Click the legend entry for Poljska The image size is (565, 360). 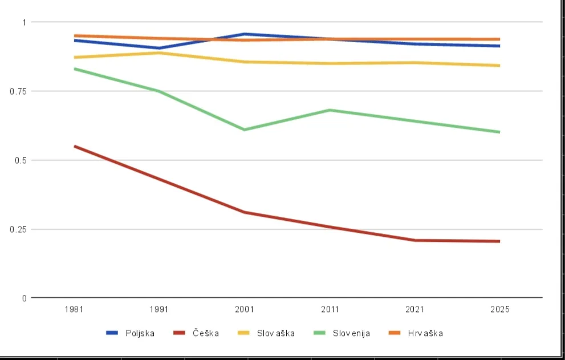131,333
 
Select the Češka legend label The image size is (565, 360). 196,333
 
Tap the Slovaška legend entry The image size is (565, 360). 266,333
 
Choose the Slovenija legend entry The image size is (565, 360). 342,333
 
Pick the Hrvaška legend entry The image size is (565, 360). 416,333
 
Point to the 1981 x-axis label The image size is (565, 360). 74,309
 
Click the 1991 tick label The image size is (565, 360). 159,309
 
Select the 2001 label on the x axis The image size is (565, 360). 245,309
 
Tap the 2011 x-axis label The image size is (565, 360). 330,309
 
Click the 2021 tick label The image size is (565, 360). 414,309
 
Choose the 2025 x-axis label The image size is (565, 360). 500,309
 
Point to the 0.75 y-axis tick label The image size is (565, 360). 18,91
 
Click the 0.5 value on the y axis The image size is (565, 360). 21,160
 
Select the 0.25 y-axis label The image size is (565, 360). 18,229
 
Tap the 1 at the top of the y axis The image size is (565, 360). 25,22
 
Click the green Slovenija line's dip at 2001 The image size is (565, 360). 245,130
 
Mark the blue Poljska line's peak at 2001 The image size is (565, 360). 245,34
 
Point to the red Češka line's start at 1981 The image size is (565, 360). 75,146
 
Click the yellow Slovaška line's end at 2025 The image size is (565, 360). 499,66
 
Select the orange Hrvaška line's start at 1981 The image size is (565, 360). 75,36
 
